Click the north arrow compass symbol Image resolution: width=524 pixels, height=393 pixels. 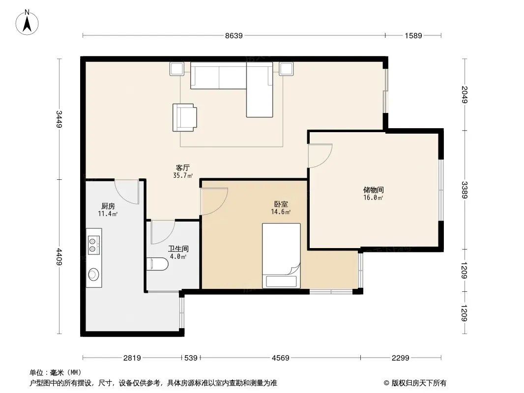tap(27, 22)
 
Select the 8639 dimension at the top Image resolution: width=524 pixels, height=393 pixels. tap(233, 35)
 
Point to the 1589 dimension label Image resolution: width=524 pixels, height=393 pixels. tap(413, 35)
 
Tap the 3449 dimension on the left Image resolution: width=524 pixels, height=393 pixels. tap(59, 119)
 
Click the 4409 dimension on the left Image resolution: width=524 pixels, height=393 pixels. tap(59, 256)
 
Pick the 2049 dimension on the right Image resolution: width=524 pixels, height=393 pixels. tap(465, 94)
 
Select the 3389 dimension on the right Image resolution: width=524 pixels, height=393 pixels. tap(465, 190)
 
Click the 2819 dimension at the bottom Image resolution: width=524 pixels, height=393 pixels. tap(132, 358)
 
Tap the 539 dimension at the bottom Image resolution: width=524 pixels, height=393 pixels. tap(191, 358)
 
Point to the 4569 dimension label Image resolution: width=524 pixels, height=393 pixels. tap(280, 358)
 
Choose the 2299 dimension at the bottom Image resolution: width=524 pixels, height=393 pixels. tap(400, 358)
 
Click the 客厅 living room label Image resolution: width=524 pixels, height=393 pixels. tap(183, 168)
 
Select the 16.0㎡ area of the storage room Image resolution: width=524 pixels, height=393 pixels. tap(373, 197)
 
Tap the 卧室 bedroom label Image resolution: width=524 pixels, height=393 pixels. tap(281, 204)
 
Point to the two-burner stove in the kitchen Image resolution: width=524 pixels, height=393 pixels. tap(94, 245)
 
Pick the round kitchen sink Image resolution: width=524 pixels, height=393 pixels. tap(93, 275)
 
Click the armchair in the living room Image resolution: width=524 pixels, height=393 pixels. tap(184, 117)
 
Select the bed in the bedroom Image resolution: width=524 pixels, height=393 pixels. tap(281, 256)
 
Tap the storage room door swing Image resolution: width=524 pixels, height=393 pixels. tap(320, 156)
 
